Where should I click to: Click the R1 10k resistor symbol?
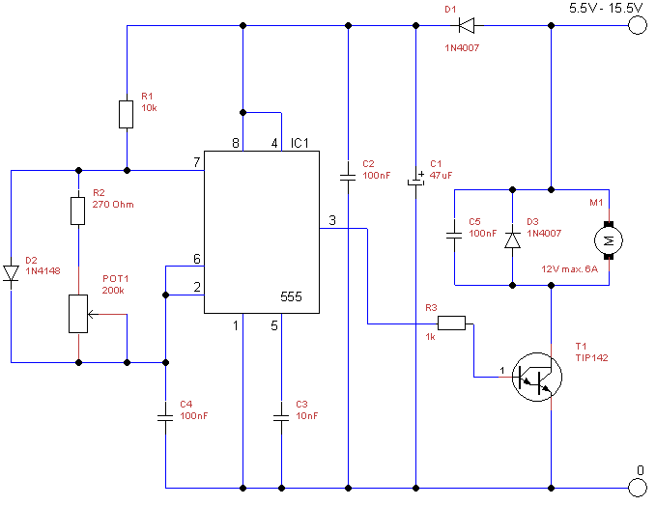click(x=127, y=114)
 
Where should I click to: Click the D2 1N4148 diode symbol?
click(x=12, y=273)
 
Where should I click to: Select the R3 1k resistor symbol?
click(x=451, y=323)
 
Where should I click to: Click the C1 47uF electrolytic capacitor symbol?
click(x=415, y=180)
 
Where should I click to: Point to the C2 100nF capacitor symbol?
click(x=348, y=177)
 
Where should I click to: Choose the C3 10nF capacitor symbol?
click(x=281, y=417)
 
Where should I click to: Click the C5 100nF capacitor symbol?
click(x=453, y=234)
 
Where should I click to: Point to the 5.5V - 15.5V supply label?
click(x=605, y=8)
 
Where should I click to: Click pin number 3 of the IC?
click(x=331, y=221)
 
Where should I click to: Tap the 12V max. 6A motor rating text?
click(x=571, y=268)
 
